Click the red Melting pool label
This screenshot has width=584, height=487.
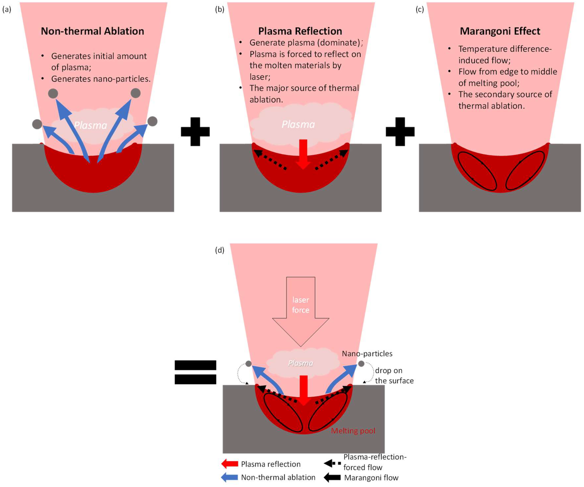click(x=353, y=431)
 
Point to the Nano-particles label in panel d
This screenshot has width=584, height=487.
click(x=367, y=354)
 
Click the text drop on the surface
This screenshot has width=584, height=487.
click(x=394, y=376)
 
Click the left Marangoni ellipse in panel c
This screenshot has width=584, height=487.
click(x=477, y=171)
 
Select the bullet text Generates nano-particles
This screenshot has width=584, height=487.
click(x=101, y=79)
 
